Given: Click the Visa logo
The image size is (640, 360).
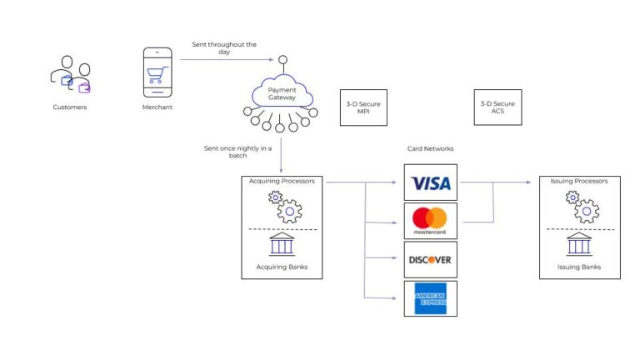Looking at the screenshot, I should [430, 182].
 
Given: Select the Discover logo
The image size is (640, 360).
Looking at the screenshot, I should [430, 259].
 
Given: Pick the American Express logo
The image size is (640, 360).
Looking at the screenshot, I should [430, 297].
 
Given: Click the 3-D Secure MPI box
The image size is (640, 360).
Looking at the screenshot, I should [363, 107].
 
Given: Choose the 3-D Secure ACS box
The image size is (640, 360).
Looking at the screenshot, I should [497, 107].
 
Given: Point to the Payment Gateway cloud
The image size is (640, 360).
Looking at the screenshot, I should [281, 94].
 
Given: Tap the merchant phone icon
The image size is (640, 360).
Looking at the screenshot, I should [157, 72].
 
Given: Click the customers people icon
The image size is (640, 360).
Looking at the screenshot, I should [70, 76].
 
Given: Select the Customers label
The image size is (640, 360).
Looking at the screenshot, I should [70, 107].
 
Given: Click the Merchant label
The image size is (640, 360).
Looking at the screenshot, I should [157, 107].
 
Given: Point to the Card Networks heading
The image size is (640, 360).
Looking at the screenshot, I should [430, 149].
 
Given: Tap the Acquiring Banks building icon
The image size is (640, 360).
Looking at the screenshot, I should [281, 244].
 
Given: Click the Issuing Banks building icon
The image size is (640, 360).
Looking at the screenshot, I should [579, 244].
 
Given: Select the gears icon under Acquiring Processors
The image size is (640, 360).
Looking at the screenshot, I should [283, 207].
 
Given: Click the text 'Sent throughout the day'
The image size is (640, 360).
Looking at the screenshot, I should [224, 47].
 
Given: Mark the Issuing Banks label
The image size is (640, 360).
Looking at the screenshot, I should [579, 267].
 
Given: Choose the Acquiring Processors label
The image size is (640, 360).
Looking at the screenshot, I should [282, 181].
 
